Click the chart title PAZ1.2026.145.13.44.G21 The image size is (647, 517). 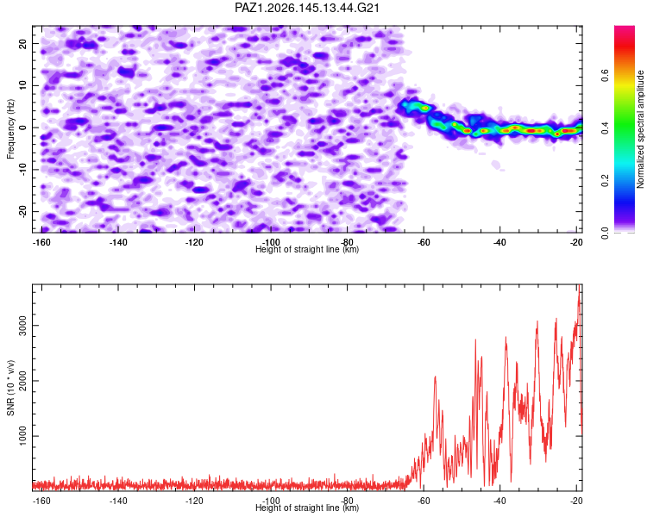pos(306,8)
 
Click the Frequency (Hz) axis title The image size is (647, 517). pos(10,129)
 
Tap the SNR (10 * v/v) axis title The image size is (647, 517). pos(10,388)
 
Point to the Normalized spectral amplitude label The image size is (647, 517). pos(640,129)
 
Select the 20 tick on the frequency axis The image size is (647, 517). pos(22,43)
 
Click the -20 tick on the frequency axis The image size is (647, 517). pos(22,211)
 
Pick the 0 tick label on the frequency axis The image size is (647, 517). pos(22,128)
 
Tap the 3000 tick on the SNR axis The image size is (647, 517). pos(22,326)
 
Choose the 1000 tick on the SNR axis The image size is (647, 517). pos(22,436)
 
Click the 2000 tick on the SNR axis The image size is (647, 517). pos(22,381)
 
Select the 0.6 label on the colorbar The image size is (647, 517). pos(605,76)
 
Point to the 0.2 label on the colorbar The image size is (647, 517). pos(605,181)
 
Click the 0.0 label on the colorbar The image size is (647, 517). pos(605,233)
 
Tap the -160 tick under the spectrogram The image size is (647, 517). pos(41,242)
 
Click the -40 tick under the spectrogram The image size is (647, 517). pos(499,242)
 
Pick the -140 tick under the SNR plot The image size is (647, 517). pos(118,501)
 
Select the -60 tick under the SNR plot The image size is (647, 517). pos(424,501)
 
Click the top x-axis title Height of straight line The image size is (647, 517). pos(307,249)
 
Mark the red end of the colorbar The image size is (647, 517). pos(625,28)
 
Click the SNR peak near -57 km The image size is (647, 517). pos(435,377)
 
